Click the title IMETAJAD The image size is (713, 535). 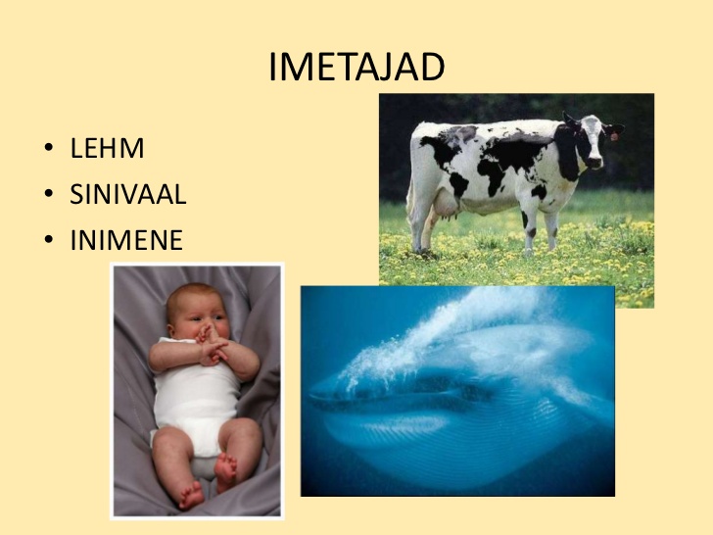(356, 67)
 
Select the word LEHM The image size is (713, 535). (108, 148)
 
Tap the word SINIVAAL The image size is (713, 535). (127, 194)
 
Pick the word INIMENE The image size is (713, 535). (126, 240)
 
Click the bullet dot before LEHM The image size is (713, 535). (49, 147)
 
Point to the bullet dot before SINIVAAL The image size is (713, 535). (49, 193)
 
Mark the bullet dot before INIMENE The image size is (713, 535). (49, 239)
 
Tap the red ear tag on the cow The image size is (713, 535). (614, 136)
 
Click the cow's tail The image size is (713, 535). (410, 191)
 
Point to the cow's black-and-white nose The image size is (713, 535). (595, 162)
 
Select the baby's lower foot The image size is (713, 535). (191, 496)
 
